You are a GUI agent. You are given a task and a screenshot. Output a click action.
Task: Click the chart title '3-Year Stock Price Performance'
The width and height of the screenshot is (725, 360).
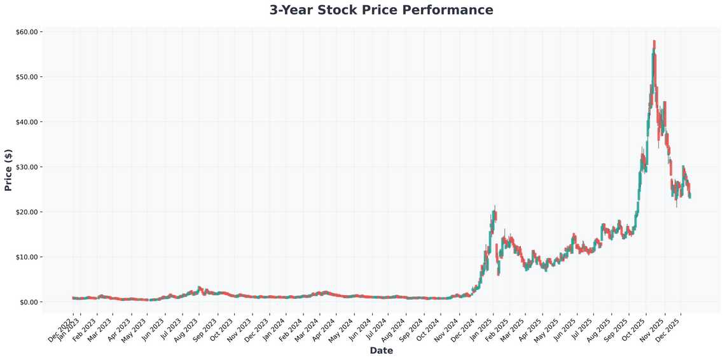381,10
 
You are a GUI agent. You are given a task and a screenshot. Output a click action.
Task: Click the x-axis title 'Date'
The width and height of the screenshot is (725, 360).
381,350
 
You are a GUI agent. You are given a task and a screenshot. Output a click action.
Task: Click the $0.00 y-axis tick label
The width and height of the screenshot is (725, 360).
29,302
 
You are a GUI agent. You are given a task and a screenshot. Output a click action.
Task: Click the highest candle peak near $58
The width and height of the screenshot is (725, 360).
654,42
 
